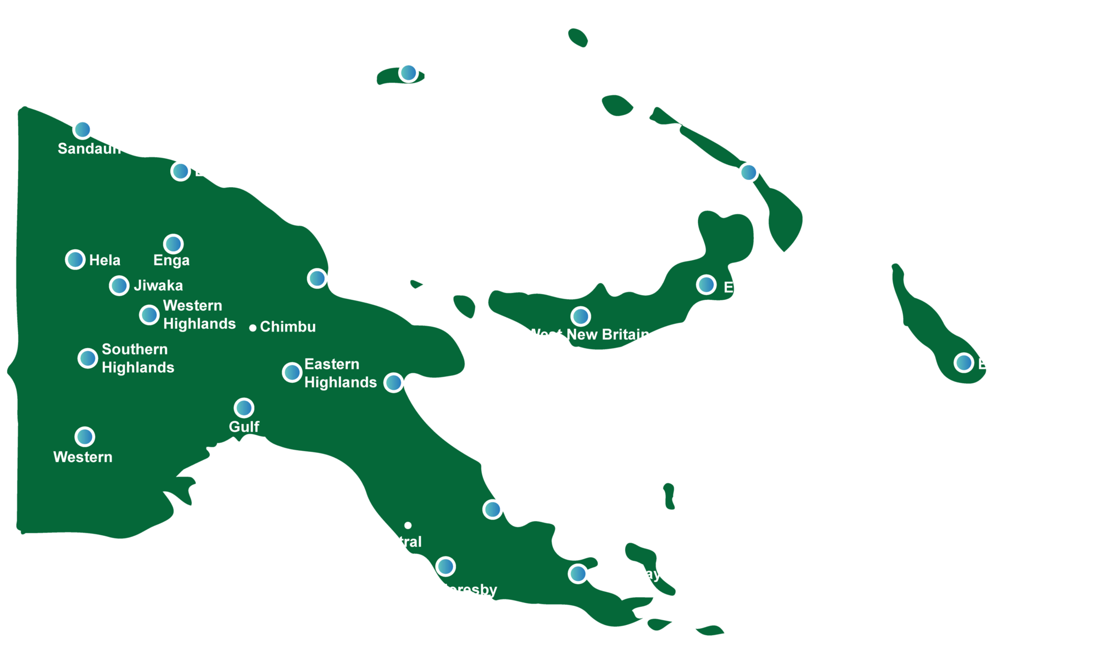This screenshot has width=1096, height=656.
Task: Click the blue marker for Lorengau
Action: tap(408, 72)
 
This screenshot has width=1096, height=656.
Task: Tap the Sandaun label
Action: tap(89, 149)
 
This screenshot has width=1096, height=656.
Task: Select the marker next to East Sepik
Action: tap(180, 171)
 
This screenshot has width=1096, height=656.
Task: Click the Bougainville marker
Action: tap(964, 362)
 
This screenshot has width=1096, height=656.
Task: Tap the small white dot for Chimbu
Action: tap(253, 328)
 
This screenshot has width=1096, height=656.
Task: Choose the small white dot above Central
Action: tap(408, 526)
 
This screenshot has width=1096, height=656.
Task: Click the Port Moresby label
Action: tap(448, 590)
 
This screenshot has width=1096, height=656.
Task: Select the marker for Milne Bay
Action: tap(578, 574)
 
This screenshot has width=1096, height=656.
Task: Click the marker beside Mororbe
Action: tap(393, 383)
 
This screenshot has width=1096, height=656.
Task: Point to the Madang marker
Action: tap(317, 278)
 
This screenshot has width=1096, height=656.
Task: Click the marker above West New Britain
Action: tap(581, 317)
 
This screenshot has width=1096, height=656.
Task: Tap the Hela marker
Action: tap(75, 259)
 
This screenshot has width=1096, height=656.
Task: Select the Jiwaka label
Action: tap(158, 285)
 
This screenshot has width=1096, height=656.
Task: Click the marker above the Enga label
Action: tap(173, 244)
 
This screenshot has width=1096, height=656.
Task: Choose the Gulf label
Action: tap(244, 427)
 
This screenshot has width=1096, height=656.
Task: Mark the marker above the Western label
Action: tap(85, 437)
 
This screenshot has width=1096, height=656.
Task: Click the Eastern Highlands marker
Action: tap(292, 372)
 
